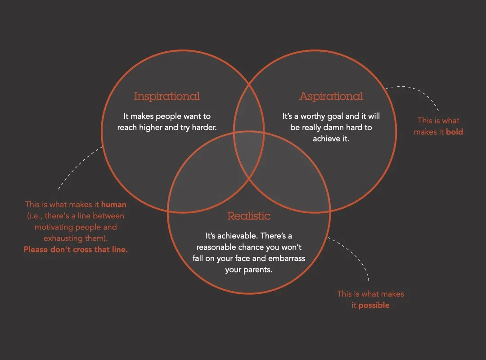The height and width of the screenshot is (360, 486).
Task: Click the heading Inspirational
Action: click(x=166, y=96)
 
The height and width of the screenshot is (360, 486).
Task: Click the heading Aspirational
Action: click(x=331, y=96)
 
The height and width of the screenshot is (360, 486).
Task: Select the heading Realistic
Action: click(x=249, y=216)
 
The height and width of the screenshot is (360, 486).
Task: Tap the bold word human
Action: click(x=114, y=205)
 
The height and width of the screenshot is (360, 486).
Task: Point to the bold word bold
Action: click(x=454, y=132)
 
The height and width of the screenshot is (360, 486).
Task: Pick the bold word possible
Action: click(x=371, y=305)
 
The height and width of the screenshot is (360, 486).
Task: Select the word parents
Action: click(x=258, y=270)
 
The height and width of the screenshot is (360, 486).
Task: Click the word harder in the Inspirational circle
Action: click(x=204, y=128)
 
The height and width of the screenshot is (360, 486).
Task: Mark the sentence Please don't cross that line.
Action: click(x=76, y=249)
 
